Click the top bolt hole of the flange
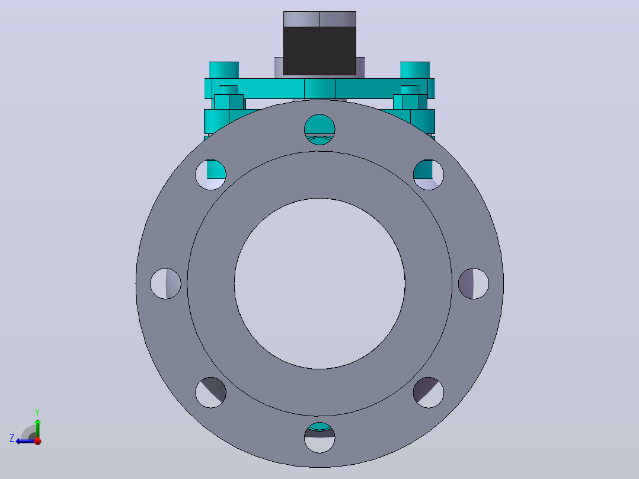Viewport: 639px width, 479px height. (319, 130)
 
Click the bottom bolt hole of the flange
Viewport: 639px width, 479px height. (319, 438)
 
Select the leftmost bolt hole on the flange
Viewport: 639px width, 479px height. (165, 284)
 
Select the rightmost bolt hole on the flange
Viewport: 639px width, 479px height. (474, 284)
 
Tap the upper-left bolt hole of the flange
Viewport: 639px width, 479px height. (210, 174)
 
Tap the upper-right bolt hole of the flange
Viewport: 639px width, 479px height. (429, 174)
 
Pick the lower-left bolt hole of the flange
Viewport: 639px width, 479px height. (210, 392)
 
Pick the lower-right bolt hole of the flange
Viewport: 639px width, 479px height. (429, 392)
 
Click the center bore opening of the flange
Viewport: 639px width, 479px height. (319, 284)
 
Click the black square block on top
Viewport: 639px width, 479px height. (319, 51)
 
